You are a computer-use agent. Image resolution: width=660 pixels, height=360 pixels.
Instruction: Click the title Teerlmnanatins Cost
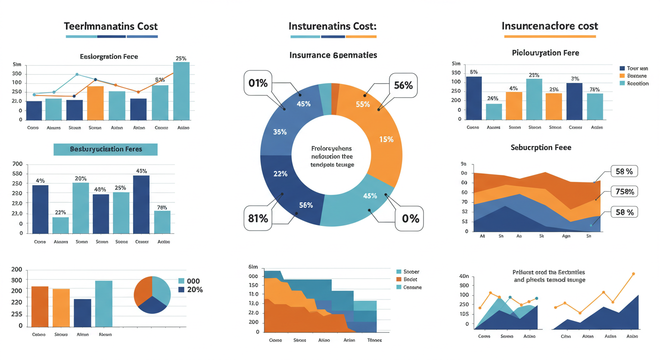[112, 26]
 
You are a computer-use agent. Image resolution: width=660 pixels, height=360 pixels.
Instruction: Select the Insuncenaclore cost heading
[549, 26]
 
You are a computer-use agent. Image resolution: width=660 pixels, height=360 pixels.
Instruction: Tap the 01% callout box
[258, 83]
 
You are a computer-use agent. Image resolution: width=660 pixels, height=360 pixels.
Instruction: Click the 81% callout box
[258, 218]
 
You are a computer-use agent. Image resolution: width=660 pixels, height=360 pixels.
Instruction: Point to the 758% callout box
[625, 191]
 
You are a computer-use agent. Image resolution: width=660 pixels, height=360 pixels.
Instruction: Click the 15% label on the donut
[386, 139]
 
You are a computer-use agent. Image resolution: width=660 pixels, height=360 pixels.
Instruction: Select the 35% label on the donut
[280, 132]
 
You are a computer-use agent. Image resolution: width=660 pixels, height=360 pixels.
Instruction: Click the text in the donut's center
[332, 157]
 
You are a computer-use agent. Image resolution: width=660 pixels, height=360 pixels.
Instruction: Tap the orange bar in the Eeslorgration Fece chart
[95, 103]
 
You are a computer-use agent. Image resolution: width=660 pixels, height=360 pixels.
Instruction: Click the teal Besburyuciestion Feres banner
[105, 150]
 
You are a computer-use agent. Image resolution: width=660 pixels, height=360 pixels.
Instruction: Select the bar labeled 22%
[60, 225]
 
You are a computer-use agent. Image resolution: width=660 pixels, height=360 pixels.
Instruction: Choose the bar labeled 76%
[162, 222]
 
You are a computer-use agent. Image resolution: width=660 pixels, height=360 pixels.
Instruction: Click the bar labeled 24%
[494, 112]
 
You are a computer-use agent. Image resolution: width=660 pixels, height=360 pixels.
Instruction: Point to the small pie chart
[152, 294]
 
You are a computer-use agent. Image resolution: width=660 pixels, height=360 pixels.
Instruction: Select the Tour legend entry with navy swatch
[633, 68]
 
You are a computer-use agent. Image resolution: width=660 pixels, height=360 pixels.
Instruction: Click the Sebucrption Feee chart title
[540, 147]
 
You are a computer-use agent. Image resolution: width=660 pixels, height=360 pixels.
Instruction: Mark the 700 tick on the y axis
[17, 164]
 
